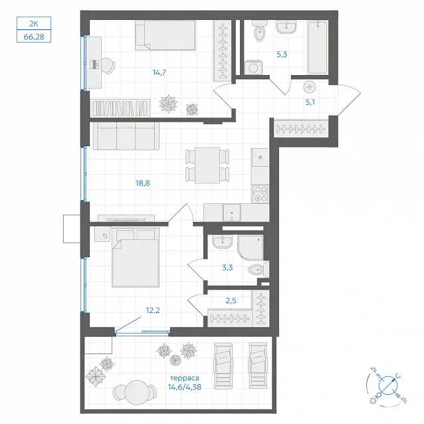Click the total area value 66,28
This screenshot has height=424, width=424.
coord(34,37)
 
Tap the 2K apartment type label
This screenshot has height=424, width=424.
coord(33,23)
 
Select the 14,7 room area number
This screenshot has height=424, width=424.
coord(159,72)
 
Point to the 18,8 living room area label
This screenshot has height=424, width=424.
coord(142,183)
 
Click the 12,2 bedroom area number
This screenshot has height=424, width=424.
coord(153,310)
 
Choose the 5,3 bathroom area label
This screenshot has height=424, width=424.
coord(282,54)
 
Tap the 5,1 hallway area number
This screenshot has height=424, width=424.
coord(310,102)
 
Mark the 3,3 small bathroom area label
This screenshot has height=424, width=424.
coord(227,268)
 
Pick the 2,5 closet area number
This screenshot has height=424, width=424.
coord(231,300)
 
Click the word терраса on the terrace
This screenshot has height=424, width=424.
coord(185,377)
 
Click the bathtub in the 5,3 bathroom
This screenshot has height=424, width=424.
coord(318,47)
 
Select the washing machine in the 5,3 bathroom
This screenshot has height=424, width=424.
coord(253,67)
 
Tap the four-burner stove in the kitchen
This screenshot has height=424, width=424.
coord(260,194)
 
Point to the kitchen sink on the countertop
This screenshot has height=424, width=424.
coord(232,213)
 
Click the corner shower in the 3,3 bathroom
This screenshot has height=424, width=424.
coord(251,248)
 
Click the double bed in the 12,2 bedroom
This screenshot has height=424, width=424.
coord(136,259)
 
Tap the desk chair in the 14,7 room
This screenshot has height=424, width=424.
coord(108,65)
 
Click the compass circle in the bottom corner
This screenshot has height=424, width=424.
coord(387,385)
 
